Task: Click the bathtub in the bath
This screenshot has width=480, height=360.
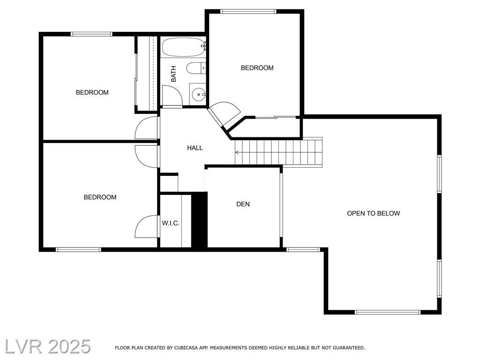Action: pyautogui.click(x=183, y=47)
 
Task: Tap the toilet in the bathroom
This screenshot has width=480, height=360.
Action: pyautogui.click(x=196, y=68)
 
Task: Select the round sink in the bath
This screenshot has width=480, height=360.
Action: pyautogui.click(x=198, y=94)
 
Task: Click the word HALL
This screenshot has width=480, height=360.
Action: pyautogui.click(x=195, y=148)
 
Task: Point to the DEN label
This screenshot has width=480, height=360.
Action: pyautogui.click(x=243, y=204)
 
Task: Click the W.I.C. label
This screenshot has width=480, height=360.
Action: pyautogui.click(x=171, y=224)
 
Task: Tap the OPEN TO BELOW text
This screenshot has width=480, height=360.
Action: pyautogui.click(x=373, y=213)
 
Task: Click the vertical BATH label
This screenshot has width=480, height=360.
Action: pyautogui.click(x=173, y=74)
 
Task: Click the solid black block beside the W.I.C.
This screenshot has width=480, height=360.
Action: pyautogui.click(x=199, y=219)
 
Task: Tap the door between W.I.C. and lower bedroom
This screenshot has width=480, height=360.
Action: pyautogui.click(x=147, y=226)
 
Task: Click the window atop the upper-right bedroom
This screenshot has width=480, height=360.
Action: pyautogui.click(x=248, y=12)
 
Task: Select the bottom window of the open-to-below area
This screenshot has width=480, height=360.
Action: pyautogui.click(x=388, y=312)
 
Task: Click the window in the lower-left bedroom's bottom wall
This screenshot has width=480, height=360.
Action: pyautogui.click(x=78, y=249)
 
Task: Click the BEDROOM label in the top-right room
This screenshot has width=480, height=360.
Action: pyautogui.click(x=257, y=68)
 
